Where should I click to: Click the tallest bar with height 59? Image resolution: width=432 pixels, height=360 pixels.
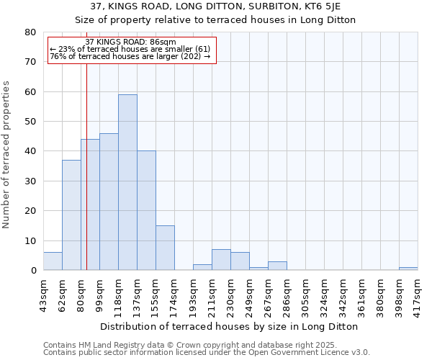[x=127, y=182]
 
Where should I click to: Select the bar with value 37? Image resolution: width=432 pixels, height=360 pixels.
[x=71, y=215]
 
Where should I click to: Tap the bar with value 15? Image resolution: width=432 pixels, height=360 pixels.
[x=165, y=248]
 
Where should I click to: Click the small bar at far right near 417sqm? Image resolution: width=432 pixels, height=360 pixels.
[x=408, y=269]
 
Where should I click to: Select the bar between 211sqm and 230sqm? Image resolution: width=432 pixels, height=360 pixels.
[x=221, y=260]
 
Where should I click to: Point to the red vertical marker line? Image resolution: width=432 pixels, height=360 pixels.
[x=86, y=180]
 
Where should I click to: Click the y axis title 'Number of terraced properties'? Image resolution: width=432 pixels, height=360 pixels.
[x=7, y=154]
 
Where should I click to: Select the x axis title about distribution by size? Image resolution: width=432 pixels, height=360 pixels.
[x=229, y=326]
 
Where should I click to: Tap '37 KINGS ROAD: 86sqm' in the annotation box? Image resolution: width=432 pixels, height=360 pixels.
[x=130, y=42]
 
